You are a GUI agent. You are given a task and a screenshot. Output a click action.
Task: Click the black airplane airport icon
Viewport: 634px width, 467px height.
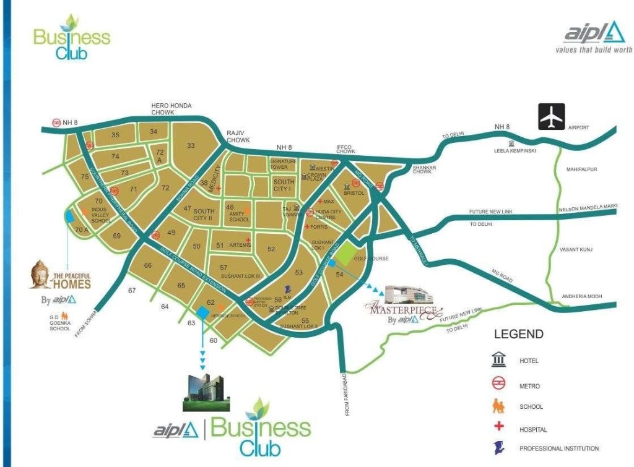point(551,118)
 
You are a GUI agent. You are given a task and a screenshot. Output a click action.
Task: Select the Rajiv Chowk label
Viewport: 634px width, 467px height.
point(238,136)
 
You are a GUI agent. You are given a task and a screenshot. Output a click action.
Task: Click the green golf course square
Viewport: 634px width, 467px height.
point(347,253)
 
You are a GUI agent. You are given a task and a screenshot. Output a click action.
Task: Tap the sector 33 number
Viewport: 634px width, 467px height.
point(191,145)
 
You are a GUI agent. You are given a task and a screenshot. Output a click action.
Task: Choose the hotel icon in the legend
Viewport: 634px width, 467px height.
point(498,361)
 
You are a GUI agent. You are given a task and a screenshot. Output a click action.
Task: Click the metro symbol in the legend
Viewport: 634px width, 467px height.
point(498,385)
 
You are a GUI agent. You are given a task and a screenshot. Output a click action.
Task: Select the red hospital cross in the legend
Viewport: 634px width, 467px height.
point(498,427)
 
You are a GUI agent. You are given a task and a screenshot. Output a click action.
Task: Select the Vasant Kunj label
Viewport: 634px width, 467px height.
point(576,249)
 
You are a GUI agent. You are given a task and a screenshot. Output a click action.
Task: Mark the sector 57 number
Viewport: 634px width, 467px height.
point(224,267)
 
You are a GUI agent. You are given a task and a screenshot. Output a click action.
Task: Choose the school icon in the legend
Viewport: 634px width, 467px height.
point(498,406)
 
